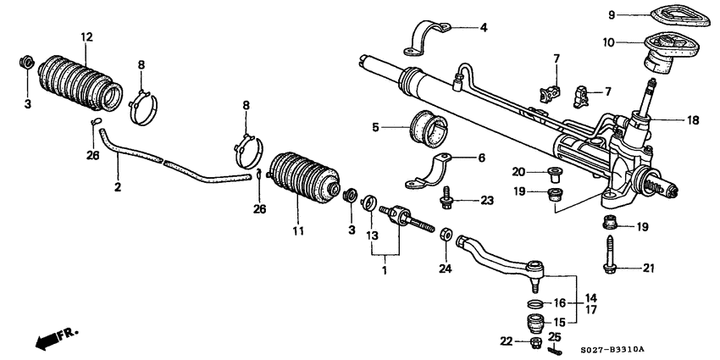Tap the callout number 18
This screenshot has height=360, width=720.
point(693,120)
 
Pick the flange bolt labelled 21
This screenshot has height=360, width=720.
point(612,254)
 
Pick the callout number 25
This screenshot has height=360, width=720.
point(556,335)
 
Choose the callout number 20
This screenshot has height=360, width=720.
point(517,171)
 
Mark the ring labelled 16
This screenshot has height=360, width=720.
point(535,303)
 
